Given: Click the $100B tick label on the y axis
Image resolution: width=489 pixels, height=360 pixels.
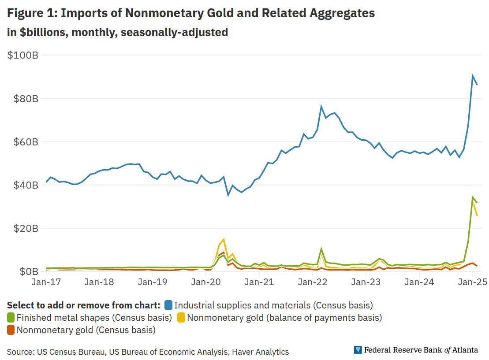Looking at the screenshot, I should [23, 56].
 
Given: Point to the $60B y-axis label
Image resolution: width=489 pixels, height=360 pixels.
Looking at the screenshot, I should [23, 142].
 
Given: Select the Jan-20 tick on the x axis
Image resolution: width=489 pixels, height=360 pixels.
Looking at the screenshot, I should [206, 282].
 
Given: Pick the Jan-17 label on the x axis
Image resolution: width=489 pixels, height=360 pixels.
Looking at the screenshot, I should [46, 282].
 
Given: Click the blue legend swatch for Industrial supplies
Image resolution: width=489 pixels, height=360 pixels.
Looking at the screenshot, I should [168, 305].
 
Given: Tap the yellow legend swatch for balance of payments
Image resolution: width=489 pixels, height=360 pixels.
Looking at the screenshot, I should [181, 317].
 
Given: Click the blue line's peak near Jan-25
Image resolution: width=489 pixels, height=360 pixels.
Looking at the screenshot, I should [473, 76].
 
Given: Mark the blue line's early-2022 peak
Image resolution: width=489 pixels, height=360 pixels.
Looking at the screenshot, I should [321, 106].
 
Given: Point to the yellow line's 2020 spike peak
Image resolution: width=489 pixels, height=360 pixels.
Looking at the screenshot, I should [224, 239].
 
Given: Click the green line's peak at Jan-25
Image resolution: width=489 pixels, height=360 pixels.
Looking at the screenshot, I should [473, 197].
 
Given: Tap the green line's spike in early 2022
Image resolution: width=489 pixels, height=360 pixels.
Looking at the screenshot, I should [321, 249].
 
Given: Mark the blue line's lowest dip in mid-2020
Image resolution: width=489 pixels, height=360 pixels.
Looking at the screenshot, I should [228, 195].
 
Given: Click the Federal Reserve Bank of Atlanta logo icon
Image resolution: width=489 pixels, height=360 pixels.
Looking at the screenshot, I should [358, 350].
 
